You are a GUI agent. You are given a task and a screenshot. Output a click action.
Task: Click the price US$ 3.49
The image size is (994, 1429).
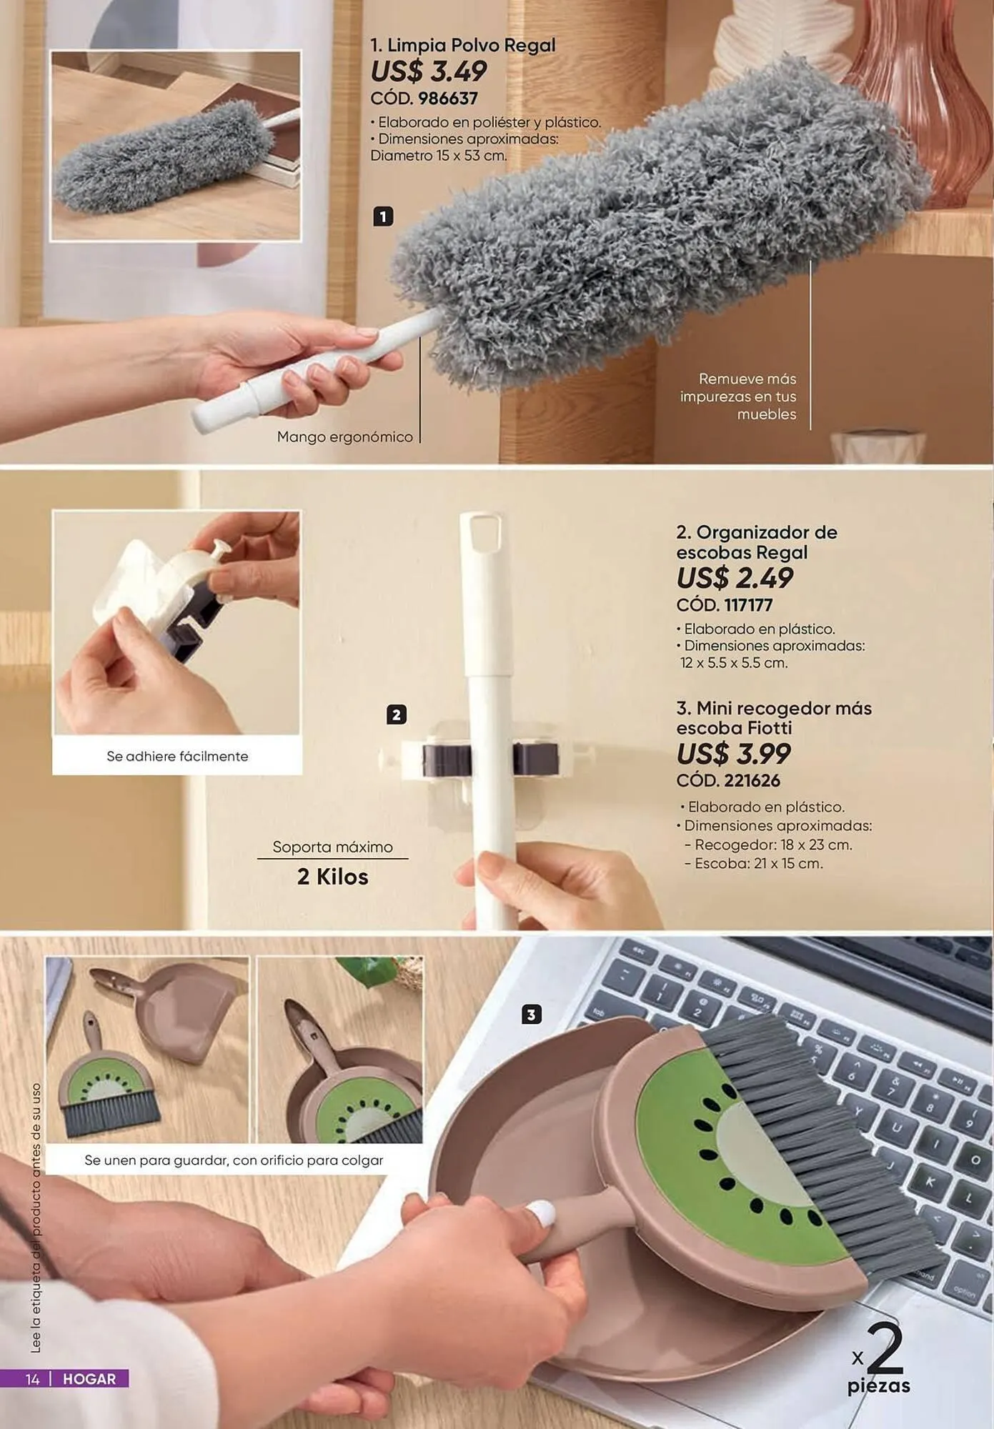[428, 71]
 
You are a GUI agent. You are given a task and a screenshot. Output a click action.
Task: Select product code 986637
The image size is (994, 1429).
[448, 99]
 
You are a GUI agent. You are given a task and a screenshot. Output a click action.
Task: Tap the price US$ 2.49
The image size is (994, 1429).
[735, 578]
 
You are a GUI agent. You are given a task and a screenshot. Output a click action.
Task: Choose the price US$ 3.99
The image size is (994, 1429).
[734, 754]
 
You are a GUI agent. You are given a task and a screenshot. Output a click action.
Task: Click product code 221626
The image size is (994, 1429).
[752, 781]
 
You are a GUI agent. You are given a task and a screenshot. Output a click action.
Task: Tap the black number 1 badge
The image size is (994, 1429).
[383, 216]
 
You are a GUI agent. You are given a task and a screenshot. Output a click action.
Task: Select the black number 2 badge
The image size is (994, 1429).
[397, 714]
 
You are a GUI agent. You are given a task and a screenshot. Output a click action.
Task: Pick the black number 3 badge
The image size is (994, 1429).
[531, 1015]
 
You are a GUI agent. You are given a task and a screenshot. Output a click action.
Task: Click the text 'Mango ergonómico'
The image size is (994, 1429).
[345, 437]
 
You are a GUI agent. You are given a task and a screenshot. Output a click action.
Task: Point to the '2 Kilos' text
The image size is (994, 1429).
[332, 877]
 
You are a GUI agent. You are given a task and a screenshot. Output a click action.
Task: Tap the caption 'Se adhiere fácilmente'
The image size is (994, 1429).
[177, 756]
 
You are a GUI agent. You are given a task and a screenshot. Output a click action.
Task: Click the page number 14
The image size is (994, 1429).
[32, 1379]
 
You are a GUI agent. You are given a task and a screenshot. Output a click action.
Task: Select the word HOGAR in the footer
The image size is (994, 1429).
[89, 1379]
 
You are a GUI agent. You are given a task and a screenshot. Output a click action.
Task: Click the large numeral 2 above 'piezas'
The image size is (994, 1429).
[887, 1348]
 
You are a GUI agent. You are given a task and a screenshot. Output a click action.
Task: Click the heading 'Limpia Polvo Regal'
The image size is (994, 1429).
[471, 45]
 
